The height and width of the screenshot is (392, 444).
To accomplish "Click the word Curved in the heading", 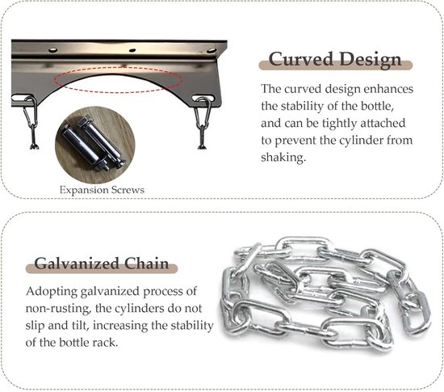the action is point(301,59).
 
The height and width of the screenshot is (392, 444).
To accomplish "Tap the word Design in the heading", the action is point(371,59).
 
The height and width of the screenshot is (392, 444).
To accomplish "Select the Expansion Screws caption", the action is point(102,190).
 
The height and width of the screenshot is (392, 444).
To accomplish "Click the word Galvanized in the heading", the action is point(77,263).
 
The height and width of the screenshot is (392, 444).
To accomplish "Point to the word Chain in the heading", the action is point(147,263).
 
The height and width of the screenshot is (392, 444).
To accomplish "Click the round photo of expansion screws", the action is point(95,145).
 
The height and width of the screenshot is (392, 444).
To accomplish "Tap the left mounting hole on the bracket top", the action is point(52,50).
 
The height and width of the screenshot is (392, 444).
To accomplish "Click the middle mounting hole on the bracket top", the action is point(132,50).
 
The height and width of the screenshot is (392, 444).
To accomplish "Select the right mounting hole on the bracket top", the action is point(212,50).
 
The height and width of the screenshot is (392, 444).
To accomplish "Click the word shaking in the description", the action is point(283,158).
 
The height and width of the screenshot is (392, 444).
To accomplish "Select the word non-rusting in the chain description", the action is point(58,309).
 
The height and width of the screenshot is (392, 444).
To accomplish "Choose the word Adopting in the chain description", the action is point(52,292).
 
